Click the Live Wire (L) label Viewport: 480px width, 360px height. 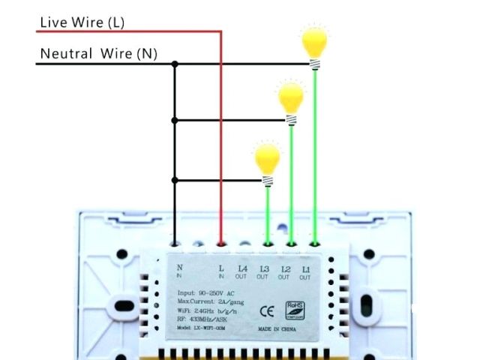coord(82,22)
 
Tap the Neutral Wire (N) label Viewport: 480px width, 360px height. coord(98,53)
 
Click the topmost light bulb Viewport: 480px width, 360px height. coord(314,43)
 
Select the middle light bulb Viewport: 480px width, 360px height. coord(290,100)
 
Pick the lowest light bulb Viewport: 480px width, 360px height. coord(267,160)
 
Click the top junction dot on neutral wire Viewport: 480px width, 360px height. coord(175,64)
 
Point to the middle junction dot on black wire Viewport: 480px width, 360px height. coord(175,120)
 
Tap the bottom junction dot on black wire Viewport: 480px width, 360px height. coord(175,180)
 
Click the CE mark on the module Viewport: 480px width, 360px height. coord(266,310)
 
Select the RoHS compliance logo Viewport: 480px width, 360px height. coord(295,309)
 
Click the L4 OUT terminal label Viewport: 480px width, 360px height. coord(242,272)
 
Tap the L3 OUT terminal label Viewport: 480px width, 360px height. coord(263,272)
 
